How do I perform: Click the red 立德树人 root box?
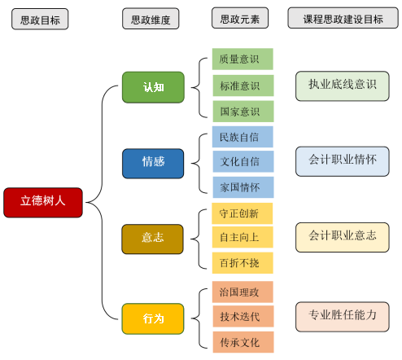43,202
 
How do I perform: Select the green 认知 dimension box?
153,87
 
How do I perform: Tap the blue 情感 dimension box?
153,164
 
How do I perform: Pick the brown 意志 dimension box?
152,239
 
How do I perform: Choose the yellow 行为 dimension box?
153,318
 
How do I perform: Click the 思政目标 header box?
40,19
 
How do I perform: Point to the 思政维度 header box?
151,19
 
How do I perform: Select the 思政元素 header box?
240,18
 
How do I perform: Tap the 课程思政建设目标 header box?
343,18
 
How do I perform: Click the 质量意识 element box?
243,59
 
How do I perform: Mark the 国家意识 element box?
243,112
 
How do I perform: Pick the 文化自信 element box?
243,161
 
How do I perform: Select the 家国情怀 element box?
243,187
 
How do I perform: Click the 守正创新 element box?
243,213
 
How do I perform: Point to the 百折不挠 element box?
243,263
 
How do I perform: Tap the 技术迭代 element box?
243,316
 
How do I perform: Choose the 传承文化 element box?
243,342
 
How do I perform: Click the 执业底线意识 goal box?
343,86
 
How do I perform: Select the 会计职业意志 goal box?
343,237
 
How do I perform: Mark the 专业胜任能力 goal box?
343,317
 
